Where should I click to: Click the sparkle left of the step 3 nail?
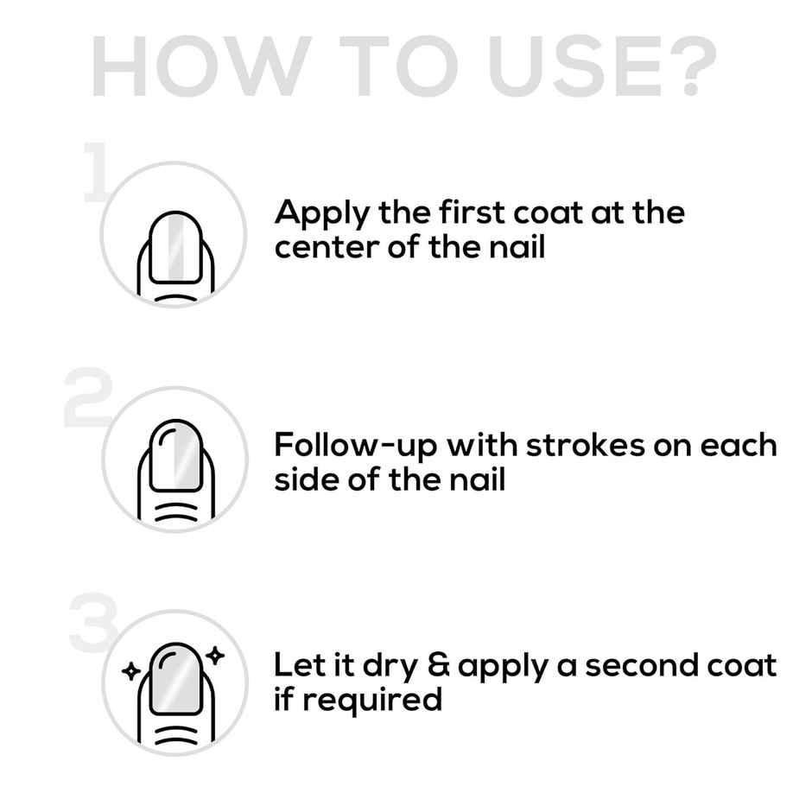point(131,670)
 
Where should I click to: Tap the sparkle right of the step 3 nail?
point(215,656)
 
